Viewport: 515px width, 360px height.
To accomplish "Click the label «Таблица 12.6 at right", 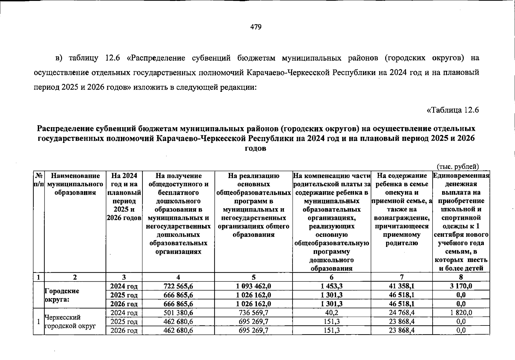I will pos(452,110).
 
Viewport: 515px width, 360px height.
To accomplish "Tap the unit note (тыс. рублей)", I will pos(458,166).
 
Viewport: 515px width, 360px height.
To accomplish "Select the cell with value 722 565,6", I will pos(178,286).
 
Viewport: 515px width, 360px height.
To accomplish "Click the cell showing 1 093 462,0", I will pos(253,286).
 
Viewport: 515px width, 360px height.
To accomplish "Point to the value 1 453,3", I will pos(332,286).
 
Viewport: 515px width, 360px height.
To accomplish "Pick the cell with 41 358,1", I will pos(401,286).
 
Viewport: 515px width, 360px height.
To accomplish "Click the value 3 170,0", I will pos(461,286).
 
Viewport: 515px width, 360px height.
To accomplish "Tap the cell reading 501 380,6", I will pos(178,313).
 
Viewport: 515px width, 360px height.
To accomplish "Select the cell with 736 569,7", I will pos(253,313).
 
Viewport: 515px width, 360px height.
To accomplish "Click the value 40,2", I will pos(332,313).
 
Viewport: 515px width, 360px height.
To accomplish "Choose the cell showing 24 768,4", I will pos(401,313).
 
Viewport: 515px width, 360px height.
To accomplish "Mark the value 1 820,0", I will pos(461,313).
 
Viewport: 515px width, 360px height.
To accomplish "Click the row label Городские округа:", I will pos(62,295).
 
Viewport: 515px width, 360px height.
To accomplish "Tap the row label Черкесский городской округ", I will pos(70,321).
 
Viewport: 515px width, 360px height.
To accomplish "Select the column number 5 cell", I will pos(253,277).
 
